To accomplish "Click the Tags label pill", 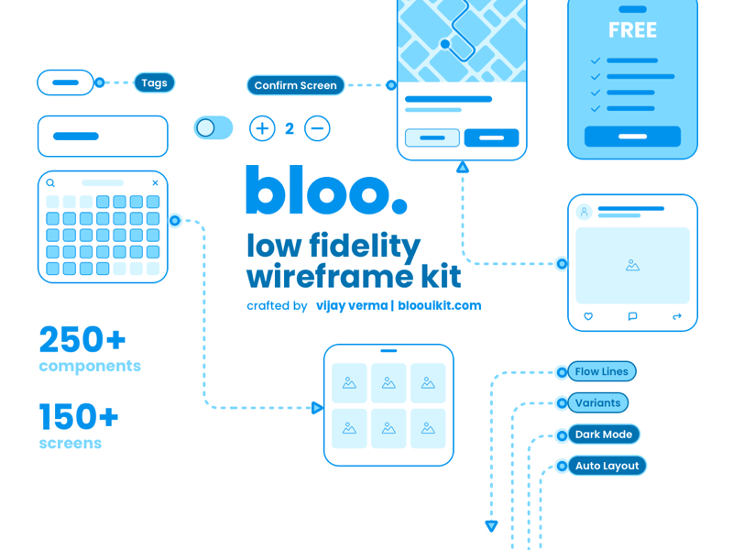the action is click(154, 83).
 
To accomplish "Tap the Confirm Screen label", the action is click(295, 85).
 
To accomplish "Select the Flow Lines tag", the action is click(602, 372).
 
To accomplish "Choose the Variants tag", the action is click(598, 403).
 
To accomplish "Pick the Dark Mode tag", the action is click(604, 434).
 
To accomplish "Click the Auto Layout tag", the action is click(607, 466).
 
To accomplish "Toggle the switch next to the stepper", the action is click(213, 127).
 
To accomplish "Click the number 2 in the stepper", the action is click(290, 128).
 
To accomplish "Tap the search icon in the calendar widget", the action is click(50, 182).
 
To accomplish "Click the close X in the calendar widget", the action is click(155, 182).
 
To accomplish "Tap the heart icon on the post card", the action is click(588, 316).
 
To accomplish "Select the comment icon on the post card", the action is click(632, 316).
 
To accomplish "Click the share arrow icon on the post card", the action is click(677, 316).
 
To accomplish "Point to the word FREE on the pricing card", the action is click(632, 30).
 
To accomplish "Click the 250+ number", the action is click(82, 339).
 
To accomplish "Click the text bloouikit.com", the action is click(440, 305).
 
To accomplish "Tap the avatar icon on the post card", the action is click(584, 213).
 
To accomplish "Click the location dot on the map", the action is click(445, 44).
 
